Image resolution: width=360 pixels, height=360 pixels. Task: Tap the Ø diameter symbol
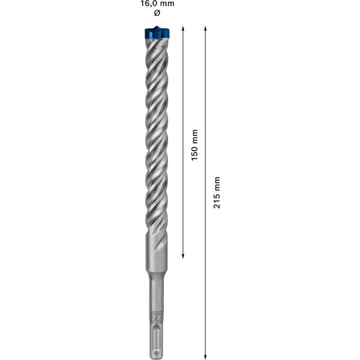tap(157, 13)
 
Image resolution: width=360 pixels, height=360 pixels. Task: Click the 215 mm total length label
tap(217, 192)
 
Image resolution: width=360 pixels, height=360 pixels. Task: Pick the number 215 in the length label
tap(217, 200)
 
